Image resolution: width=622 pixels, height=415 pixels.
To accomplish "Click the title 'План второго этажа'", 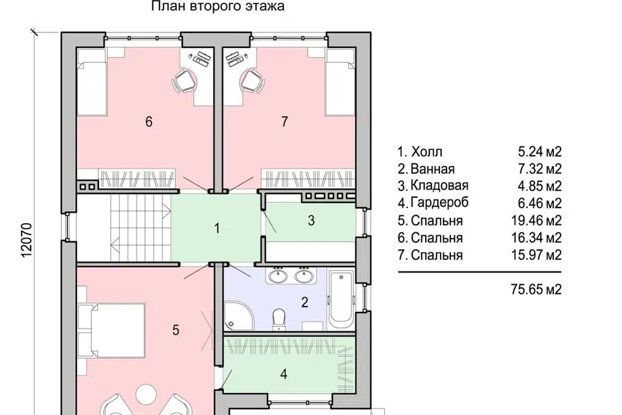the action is coord(218,6).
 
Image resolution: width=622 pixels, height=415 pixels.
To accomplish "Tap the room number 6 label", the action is coord(149,121).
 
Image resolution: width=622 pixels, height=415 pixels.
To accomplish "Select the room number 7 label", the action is coord(284,121).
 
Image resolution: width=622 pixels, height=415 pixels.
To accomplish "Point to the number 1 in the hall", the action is coord(216,228).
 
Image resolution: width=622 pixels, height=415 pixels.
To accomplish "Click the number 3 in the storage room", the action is coord(312,220).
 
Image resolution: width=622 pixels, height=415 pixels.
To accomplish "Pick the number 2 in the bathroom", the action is coord(305,302).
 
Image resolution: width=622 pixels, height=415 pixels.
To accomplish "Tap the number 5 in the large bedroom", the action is coord(176,330).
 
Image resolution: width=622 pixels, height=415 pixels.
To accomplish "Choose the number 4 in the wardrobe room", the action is coord(284,374).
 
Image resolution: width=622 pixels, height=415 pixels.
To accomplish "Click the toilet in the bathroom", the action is coord(279,319).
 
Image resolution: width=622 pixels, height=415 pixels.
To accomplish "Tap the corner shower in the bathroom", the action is coord(238,315).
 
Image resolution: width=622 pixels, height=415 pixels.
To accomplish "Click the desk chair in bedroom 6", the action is coord(184,81).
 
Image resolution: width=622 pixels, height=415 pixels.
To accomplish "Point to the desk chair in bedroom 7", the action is coord(252,81).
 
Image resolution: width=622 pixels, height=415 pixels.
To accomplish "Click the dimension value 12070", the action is coord(26,240).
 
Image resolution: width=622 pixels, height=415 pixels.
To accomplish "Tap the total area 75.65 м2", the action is coord(536,289).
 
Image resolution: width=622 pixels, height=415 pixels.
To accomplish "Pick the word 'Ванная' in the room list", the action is coord(432,169).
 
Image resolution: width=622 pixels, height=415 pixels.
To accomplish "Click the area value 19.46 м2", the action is coord(536,220).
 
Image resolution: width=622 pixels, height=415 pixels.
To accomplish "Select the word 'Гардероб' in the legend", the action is coord(439,202).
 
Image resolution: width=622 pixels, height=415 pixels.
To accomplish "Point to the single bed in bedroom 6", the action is coord(92,82).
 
